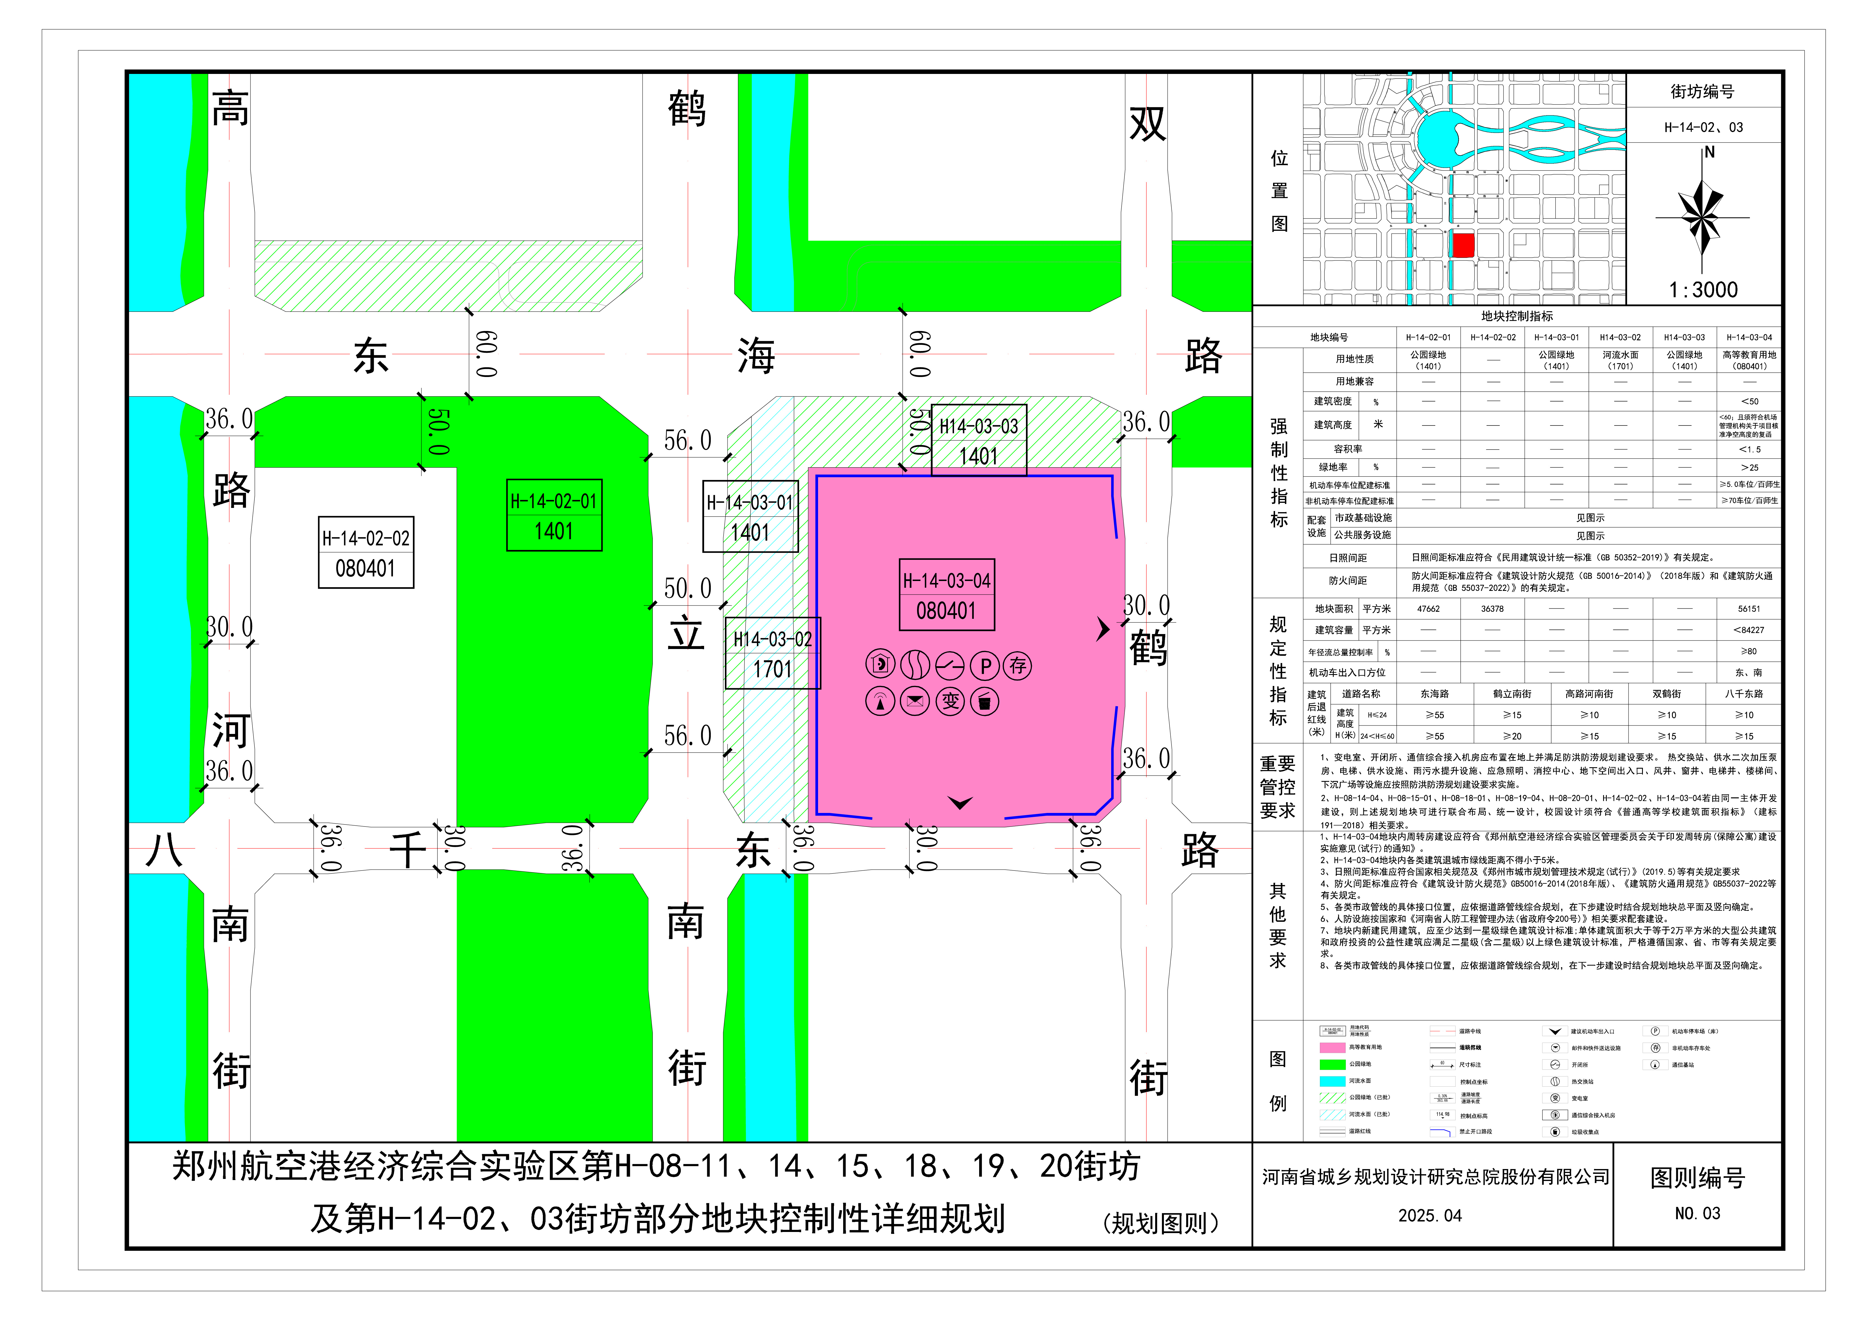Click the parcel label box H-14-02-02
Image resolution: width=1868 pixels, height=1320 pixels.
coord(365,552)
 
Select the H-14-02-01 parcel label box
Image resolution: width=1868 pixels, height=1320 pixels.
coord(554,515)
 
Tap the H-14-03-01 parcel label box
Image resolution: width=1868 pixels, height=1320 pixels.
coord(750,517)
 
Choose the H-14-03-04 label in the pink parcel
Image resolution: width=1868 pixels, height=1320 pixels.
coord(946,595)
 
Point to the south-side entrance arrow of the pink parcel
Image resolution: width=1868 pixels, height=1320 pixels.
coord(960,803)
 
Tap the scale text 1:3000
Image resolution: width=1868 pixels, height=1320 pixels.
coord(1703,290)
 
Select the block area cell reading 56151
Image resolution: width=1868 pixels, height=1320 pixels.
coord(1748,609)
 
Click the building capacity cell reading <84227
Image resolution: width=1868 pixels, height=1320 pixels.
coord(1748,630)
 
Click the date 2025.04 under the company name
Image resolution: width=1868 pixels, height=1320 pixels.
coord(1429,1216)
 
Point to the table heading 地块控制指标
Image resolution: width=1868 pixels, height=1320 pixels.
coord(1517,317)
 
